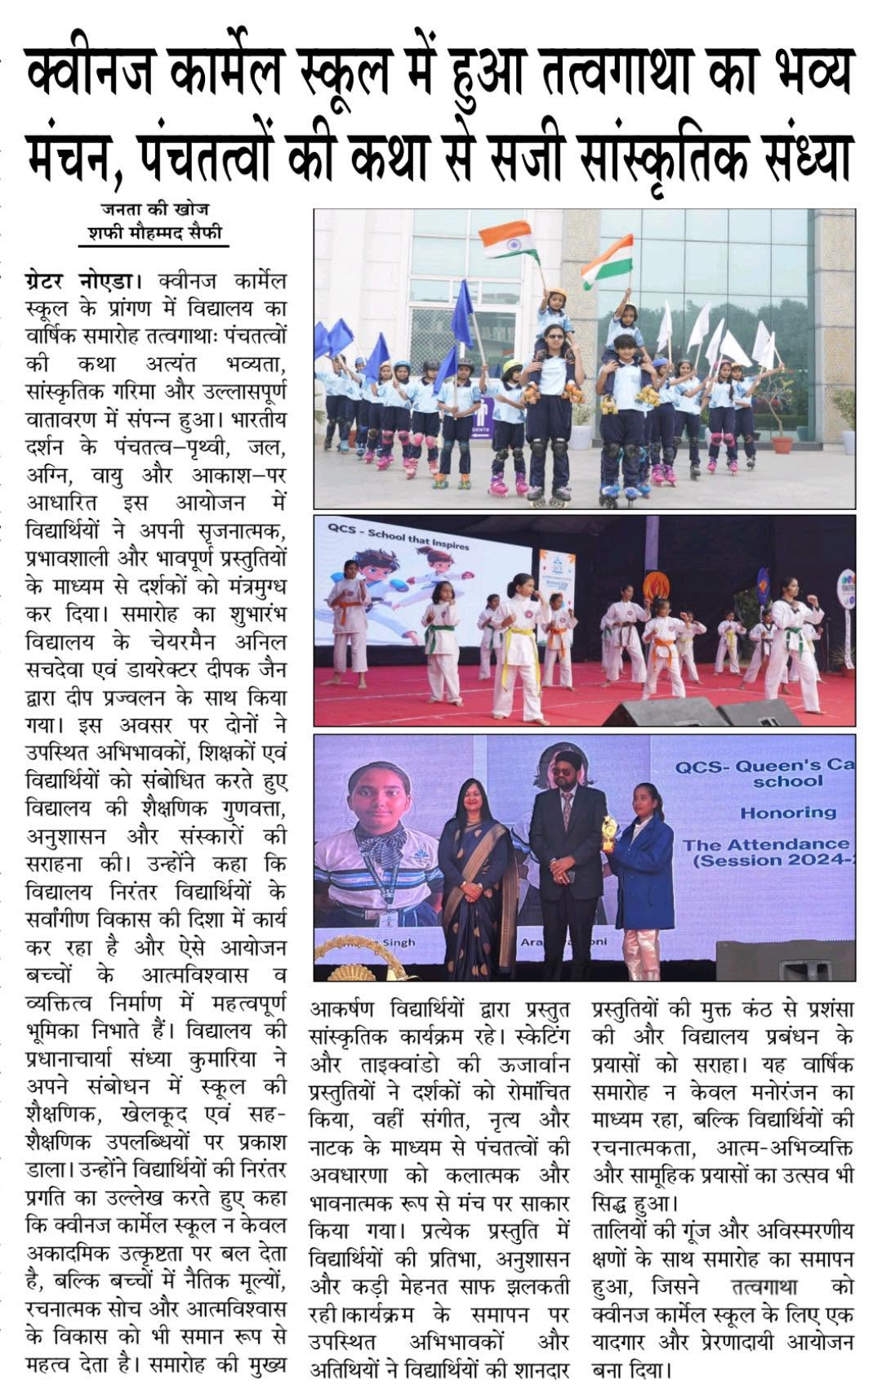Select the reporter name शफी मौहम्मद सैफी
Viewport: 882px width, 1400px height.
coord(154,233)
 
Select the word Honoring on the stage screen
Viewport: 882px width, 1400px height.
coord(787,812)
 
